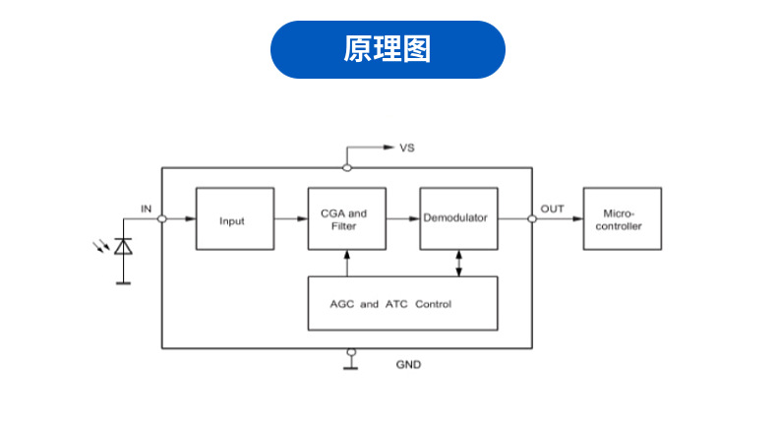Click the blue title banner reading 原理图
coord(388,49)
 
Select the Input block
coord(235,218)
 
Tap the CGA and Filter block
coord(347,218)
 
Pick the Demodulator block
coord(459,218)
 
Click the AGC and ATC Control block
coord(403,304)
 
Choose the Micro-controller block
coord(623,218)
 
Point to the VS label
coord(407,148)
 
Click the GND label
coord(408,365)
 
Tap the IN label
coord(147,209)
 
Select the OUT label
coord(552,209)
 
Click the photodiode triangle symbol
coord(123,247)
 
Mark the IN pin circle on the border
coord(162,218)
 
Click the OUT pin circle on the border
coord(532,218)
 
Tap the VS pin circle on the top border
coord(347,168)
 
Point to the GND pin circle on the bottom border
coord(351,352)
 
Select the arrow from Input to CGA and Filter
coord(291,218)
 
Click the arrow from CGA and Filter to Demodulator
coord(403,218)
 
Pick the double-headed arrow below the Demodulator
coord(459,264)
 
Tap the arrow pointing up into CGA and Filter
coord(347,264)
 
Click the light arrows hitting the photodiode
coord(101,246)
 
